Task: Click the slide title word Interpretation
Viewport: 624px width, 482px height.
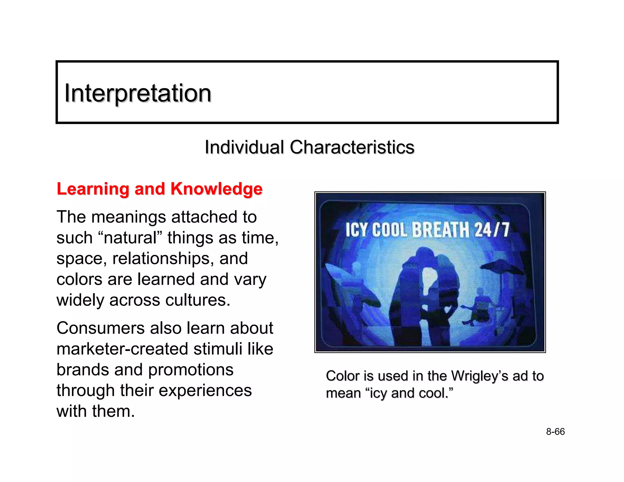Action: tap(138, 93)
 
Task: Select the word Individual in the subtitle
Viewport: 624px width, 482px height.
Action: tap(244, 147)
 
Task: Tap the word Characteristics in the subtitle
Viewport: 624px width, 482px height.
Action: tap(352, 147)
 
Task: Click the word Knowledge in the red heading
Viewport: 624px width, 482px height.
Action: tap(216, 189)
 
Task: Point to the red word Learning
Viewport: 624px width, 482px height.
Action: tap(93, 189)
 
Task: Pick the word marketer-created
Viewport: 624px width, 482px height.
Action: tap(122, 349)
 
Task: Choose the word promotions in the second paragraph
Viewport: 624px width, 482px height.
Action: tap(191, 370)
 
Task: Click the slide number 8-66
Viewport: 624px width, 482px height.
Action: tap(555, 432)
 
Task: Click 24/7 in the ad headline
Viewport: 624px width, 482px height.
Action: tap(492, 230)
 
